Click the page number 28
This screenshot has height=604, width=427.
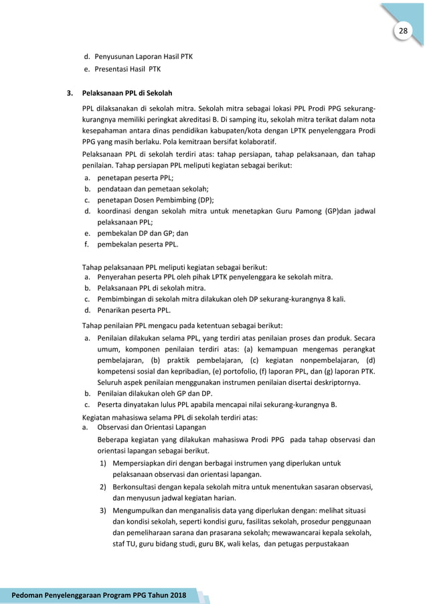(x=403, y=31)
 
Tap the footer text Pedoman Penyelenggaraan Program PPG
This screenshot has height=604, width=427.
(x=94, y=595)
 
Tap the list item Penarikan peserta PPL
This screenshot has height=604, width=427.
(x=134, y=310)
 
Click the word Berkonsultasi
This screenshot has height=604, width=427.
(x=138, y=486)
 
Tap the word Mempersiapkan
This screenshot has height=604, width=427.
(x=143, y=461)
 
